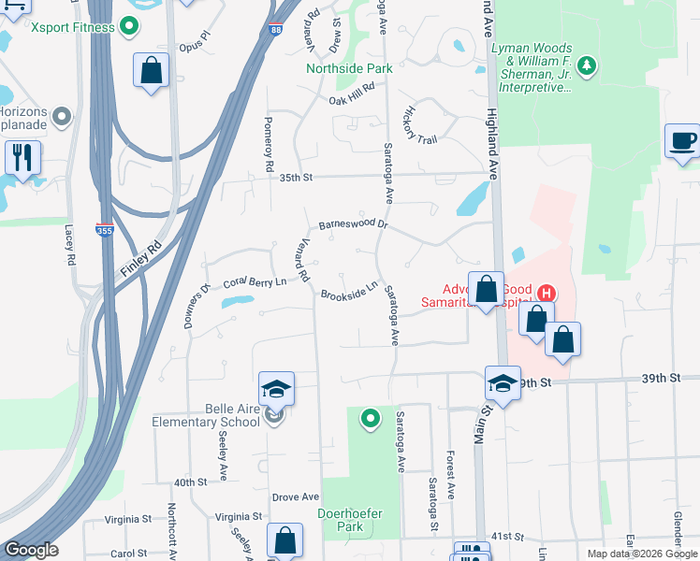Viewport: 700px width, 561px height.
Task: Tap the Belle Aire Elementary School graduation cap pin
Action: click(x=277, y=389)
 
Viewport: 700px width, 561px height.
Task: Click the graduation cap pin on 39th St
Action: click(x=503, y=383)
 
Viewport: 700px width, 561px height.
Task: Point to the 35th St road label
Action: click(x=293, y=177)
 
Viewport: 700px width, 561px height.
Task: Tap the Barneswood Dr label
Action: click(x=352, y=224)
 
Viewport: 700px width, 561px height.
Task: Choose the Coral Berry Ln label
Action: click(x=254, y=281)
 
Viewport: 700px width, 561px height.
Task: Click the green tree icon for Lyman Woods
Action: click(x=587, y=65)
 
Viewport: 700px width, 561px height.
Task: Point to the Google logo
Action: click(x=31, y=550)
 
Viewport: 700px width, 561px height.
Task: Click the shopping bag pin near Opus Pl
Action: click(x=150, y=70)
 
